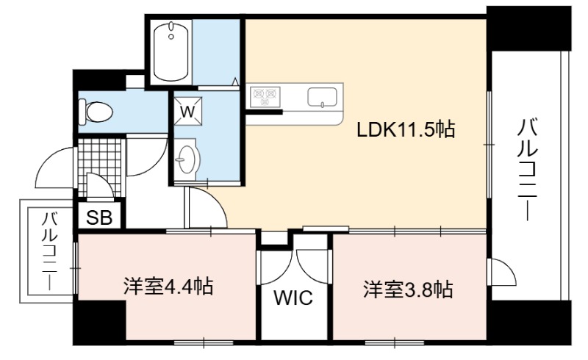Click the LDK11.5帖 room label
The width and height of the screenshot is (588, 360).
[406, 130]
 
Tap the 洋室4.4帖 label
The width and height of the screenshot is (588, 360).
[168, 287]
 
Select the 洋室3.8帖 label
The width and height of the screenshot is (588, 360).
[408, 289]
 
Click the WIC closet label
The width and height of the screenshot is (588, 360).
[293, 298]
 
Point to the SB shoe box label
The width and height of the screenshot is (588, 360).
[99, 217]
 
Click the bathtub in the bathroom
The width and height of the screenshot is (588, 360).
[171, 51]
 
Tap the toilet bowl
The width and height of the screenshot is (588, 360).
[96, 112]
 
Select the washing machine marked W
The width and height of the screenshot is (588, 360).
[189, 109]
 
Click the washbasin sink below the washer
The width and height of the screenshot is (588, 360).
[187, 159]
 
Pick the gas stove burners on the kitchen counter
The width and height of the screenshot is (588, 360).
[266, 96]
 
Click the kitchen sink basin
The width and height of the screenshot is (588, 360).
[322, 97]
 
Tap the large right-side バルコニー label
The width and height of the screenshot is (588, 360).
[527, 170]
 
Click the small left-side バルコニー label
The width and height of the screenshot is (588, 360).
[50, 251]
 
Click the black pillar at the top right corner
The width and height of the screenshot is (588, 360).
[528, 29]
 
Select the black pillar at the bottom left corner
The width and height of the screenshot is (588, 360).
[99, 323]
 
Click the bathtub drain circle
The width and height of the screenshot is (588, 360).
[171, 37]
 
